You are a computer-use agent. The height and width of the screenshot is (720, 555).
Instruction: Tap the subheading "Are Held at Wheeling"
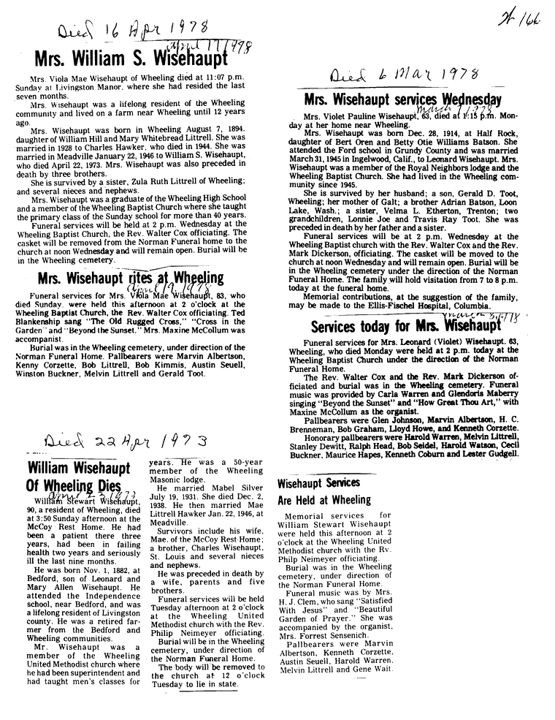point(324,501)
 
